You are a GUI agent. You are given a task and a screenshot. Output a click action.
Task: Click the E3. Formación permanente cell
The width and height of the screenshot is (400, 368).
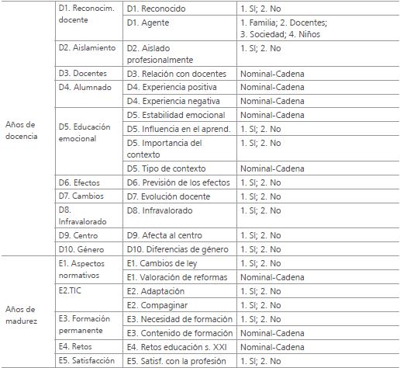[x=84, y=325]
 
